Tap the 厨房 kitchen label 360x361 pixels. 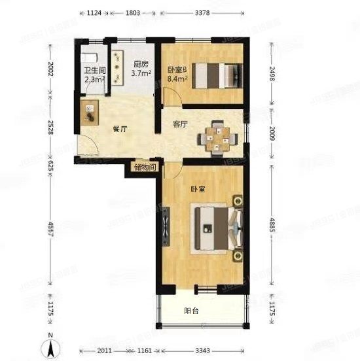point(141,65)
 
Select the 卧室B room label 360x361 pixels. point(177,70)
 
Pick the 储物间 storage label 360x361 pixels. point(144,167)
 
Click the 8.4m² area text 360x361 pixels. point(177,79)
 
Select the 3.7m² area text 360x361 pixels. point(141,74)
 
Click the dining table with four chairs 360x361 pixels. point(217,138)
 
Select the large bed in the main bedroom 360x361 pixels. point(215,228)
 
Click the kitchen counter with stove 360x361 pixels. point(118,68)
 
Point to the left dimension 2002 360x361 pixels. point(50,70)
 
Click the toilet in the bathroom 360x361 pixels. point(92,57)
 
